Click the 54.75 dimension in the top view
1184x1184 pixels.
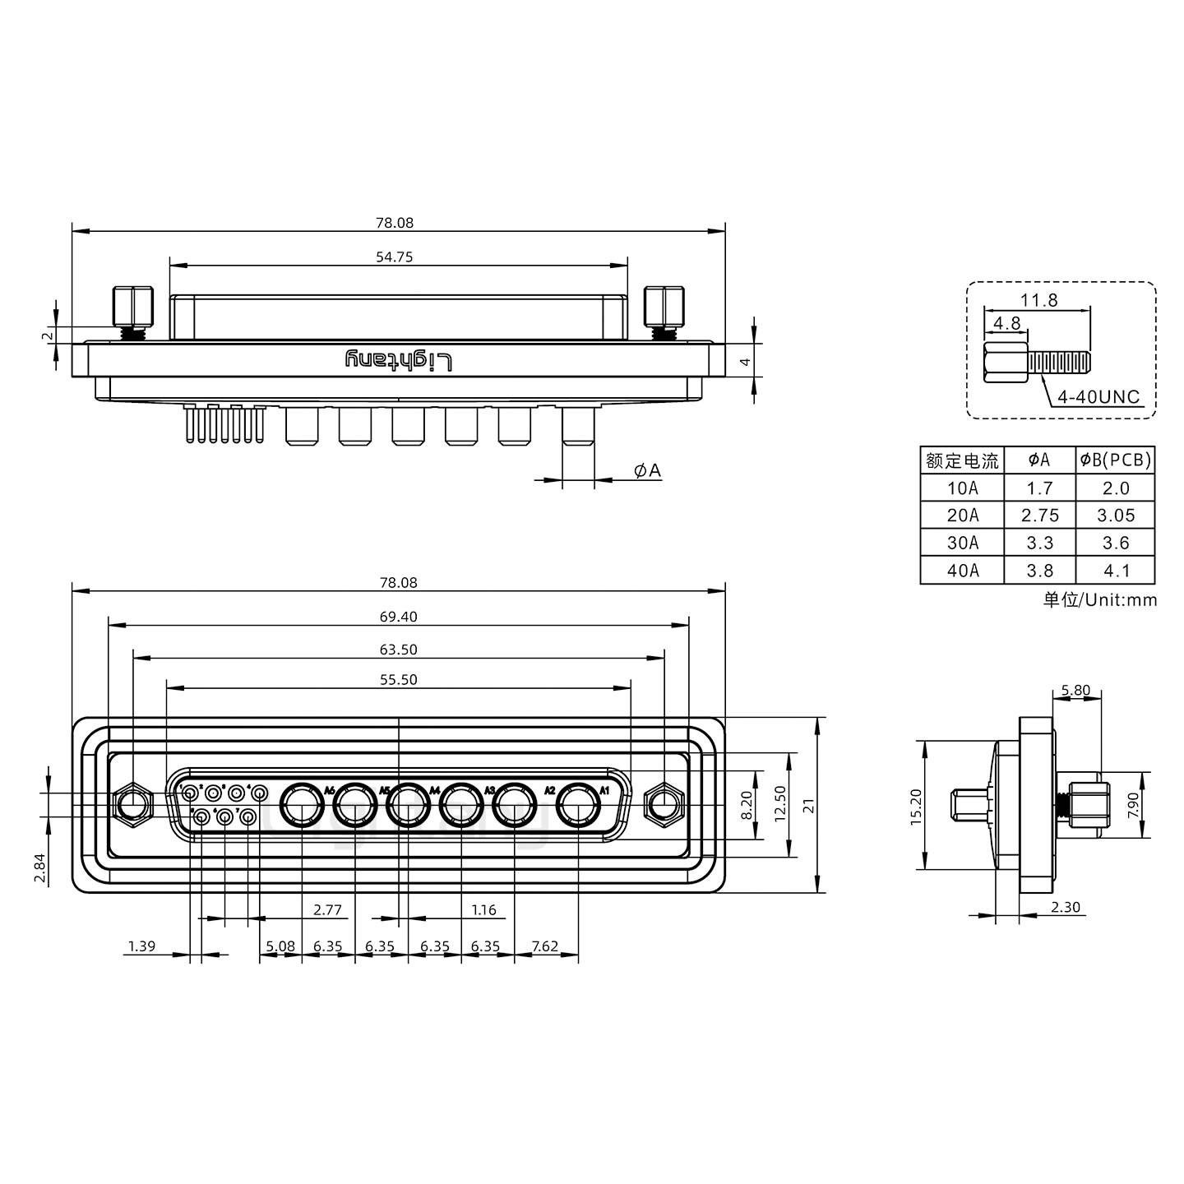point(394,257)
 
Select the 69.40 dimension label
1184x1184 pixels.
point(399,617)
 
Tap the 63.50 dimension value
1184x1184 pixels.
point(399,650)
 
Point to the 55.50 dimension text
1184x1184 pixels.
point(399,680)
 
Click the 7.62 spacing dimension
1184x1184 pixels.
point(545,946)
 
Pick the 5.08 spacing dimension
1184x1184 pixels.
point(281,946)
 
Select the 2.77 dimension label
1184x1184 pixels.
point(327,910)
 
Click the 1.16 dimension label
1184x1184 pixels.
point(483,910)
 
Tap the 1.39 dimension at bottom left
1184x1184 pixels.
point(141,946)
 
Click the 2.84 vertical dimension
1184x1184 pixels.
point(39,868)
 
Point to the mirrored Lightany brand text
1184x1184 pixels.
point(399,360)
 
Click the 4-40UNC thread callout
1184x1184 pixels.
point(1098,398)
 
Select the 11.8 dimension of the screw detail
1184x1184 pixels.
point(1039,300)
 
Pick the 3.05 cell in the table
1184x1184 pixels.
point(1115,516)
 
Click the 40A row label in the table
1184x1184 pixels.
point(962,571)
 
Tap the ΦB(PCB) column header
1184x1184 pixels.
point(1115,461)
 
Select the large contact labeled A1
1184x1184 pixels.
point(577,806)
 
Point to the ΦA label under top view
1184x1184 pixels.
point(647,470)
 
